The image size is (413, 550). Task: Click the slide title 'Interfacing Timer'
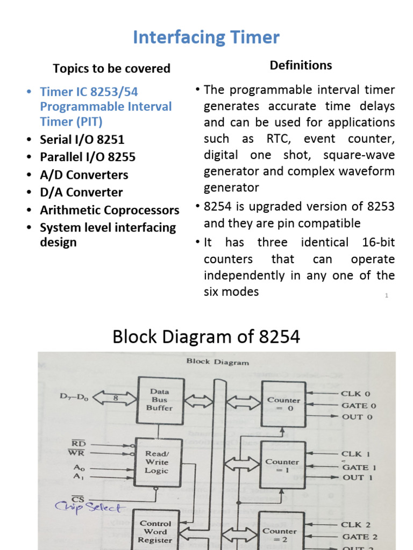[x=206, y=38]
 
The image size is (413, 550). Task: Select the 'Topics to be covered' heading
[x=111, y=68]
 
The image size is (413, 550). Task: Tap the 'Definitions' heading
[x=301, y=65]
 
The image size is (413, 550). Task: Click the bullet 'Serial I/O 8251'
[x=82, y=140]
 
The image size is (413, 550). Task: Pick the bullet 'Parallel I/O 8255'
[x=88, y=157]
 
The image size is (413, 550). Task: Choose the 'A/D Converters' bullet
[x=84, y=175]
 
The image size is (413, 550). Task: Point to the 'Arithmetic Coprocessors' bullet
[x=109, y=209]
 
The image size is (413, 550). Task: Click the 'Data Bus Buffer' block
[x=160, y=400]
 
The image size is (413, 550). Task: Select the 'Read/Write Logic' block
[x=156, y=462]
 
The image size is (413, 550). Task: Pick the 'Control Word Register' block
[x=155, y=531]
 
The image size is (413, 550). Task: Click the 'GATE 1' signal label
[x=359, y=467]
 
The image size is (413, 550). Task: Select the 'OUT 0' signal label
[x=357, y=417]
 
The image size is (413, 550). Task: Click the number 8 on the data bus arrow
[x=115, y=398]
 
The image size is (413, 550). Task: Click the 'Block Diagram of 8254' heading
[x=206, y=337]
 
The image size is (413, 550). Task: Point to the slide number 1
[x=387, y=295]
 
